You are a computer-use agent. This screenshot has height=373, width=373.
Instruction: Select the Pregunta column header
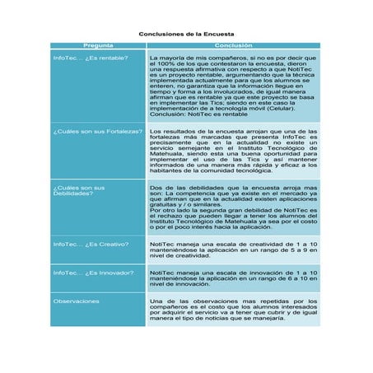(98, 45)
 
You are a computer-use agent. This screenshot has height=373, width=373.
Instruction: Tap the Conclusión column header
(233, 45)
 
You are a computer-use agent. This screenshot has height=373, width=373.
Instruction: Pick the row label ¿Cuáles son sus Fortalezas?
(97, 131)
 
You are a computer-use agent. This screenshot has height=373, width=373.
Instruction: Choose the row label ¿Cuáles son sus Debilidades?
(79, 190)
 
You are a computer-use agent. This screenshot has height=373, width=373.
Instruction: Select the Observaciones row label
(77, 301)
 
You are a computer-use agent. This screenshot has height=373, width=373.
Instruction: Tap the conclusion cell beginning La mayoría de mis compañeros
(233, 86)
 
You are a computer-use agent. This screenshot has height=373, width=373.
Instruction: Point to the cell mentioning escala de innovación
(233, 277)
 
